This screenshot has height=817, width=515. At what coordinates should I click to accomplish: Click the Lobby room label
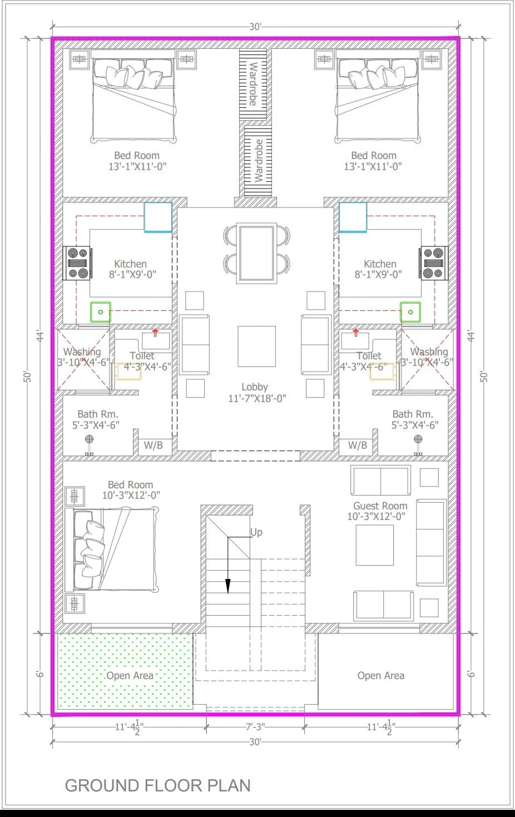[255, 387]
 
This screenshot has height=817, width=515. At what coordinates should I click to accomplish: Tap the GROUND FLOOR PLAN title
[157, 785]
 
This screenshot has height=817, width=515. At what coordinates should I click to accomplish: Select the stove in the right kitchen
[434, 263]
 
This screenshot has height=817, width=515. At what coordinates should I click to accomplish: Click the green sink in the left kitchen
[101, 312]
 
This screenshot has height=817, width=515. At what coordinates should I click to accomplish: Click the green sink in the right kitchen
[410, 312]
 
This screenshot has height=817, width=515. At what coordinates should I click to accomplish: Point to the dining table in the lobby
[256, 253]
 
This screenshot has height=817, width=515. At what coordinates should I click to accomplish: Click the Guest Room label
[380, 506]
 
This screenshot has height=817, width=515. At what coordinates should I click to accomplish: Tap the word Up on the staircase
[256, 532]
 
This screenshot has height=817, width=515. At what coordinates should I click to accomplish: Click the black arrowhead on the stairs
[227, 587]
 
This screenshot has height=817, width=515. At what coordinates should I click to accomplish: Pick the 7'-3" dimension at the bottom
[255, 727]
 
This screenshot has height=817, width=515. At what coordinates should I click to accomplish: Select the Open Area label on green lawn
[130, 676]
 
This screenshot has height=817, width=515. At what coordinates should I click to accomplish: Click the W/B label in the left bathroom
[153, 445]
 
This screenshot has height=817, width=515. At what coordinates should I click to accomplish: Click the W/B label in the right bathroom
[358, 445]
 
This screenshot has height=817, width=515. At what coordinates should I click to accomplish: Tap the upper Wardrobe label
[253, 83]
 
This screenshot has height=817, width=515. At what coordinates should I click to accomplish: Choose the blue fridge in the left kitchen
[158, 217]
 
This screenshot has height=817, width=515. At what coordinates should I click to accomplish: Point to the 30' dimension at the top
[255, 27]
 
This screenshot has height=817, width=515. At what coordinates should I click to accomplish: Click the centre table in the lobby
[256, 346]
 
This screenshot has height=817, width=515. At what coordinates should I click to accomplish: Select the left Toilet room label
[142, 356]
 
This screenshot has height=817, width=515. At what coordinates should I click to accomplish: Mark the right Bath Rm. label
[413, 414]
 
